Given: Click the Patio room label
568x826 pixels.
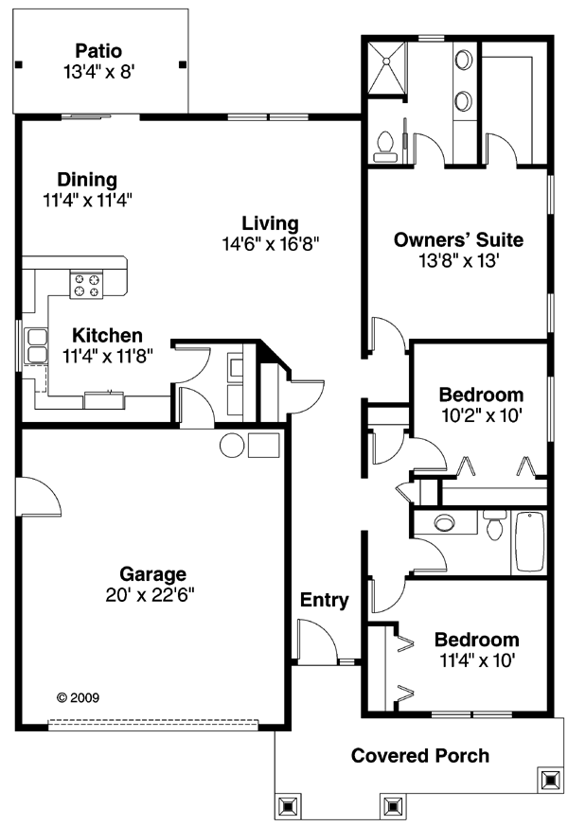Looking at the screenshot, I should [x=99, y=50].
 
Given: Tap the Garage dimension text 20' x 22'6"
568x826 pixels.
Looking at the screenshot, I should [x=152, y=594].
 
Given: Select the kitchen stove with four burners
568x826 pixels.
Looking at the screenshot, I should [x=87, y=285].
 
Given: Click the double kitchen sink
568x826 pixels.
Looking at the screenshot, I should [x=37, y=345].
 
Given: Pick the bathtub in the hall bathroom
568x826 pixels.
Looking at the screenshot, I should [x=529, y=542].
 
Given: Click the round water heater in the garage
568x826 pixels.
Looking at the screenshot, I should [x=232, y=446].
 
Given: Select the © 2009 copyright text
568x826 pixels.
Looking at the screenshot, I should [x=79, y=698].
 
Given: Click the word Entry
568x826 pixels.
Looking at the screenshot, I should [x=325, y=600].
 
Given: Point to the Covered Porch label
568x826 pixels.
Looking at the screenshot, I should [x=420, y=755].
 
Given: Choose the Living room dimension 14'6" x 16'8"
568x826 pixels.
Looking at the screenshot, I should [x=270, y=243].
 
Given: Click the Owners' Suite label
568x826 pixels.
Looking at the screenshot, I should [x=458, y=239].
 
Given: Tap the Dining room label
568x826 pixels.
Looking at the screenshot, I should [x=86, y=180].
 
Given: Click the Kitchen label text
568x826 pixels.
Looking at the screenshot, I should [x=107, y=335].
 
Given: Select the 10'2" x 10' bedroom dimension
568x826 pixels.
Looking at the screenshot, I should [x=481, y=413].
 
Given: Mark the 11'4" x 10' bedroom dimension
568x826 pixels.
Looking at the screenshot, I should [x=476, y=659].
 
